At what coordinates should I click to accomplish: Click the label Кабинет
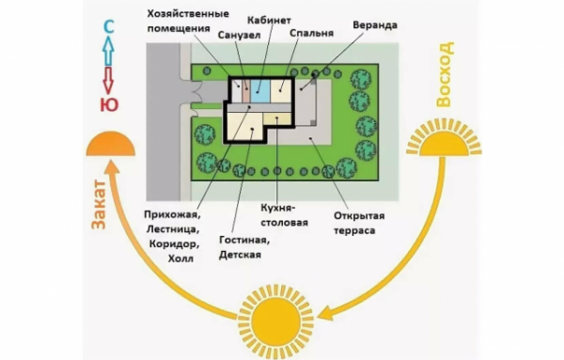tap(269, 20)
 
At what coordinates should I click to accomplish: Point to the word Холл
tap(180, 257)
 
